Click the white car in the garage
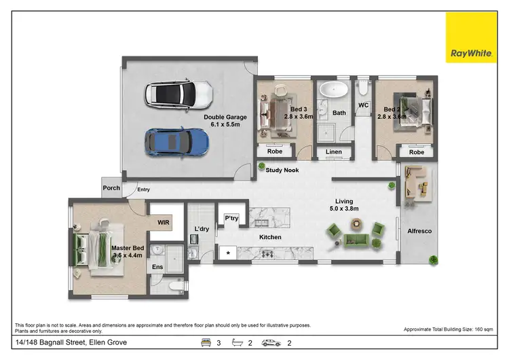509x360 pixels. point(178,94)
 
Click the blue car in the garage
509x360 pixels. point(176,141)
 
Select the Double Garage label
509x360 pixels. point(225,121)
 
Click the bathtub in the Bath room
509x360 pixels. point(332,90)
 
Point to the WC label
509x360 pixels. point(363,105)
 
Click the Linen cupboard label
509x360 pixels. point(333,151)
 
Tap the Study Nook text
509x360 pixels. point(283,170)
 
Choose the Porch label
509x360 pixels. point(111,188)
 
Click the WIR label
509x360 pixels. point(163,222)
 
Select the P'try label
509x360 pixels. point(231,218)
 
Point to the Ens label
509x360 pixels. point(157,268)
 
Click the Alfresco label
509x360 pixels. point(419,231)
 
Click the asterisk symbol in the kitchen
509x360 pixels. point(227,254)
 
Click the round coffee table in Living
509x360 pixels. point(377,228)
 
